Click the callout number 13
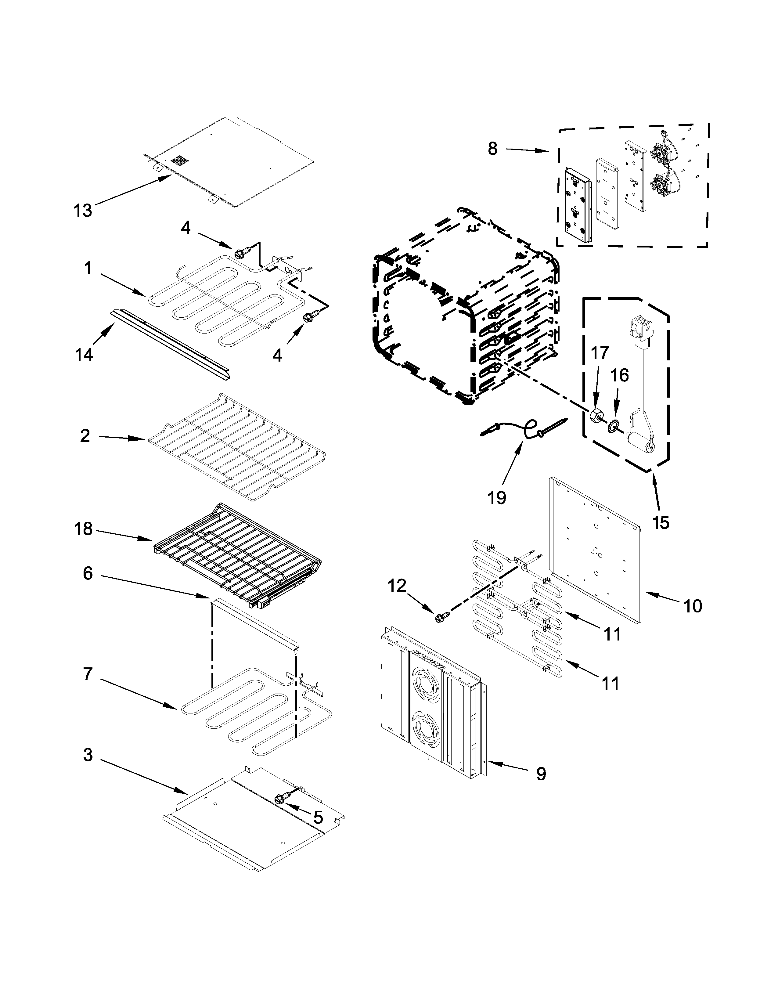83,211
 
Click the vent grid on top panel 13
181,161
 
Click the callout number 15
661,522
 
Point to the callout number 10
692,606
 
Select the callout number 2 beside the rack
85,436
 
